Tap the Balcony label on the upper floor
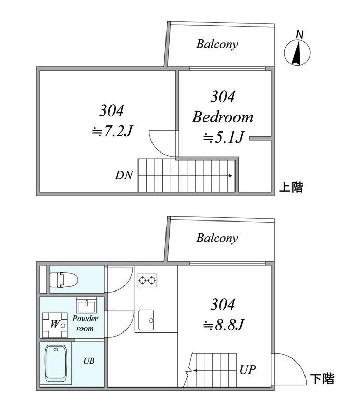coord(217,44)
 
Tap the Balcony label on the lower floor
coord(217,238)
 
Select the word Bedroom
coord(223,117)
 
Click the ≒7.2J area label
coord(112,131)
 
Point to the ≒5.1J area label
coord(223,137)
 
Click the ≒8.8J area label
coord(223,325)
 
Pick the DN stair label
coord(124,175)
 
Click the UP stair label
coord(248,370)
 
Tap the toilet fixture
coord(64,280)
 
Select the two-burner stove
coord(147,281)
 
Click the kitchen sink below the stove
coord(146,320)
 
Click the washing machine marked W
coord(55,325)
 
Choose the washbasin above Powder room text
coord(87,305)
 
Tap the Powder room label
coord(85,323)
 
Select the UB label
coord(89,361)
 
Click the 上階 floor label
coord(291,187)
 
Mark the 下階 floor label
coord(322,379)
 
